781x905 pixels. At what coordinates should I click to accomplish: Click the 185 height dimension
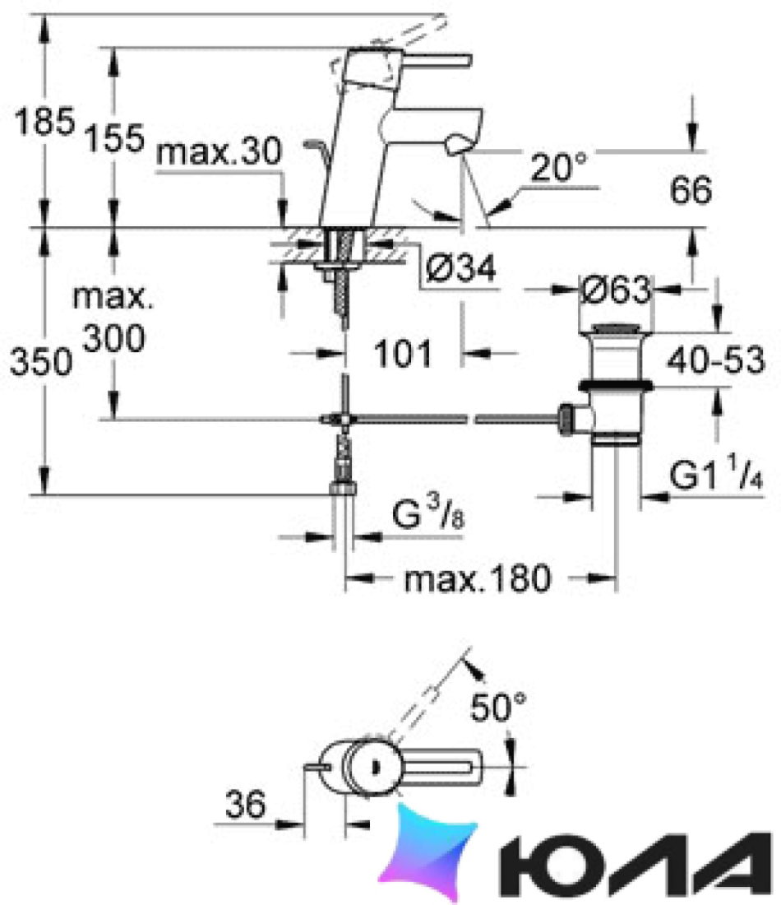coord(44,122)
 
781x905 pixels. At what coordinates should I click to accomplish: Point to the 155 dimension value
coord(114,138)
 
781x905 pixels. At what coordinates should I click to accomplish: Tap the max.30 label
coord(220,152)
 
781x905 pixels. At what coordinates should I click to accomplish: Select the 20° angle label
coord(558,167)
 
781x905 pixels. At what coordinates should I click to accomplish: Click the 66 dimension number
coord(691,190)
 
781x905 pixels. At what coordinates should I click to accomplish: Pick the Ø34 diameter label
coord(461,268)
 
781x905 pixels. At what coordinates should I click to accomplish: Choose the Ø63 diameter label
coord(616,289)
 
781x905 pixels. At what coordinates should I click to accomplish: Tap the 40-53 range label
coord(715,360)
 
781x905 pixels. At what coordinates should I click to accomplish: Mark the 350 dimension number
coord(42,362)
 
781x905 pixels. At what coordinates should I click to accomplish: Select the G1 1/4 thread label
coord(716,473)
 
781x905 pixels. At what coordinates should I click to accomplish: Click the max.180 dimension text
coord(478,579)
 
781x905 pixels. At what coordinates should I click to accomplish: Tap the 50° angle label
coord(498,707)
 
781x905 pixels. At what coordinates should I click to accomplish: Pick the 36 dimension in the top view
coord(246,804)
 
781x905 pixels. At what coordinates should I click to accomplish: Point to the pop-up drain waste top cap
coord(616,330)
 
